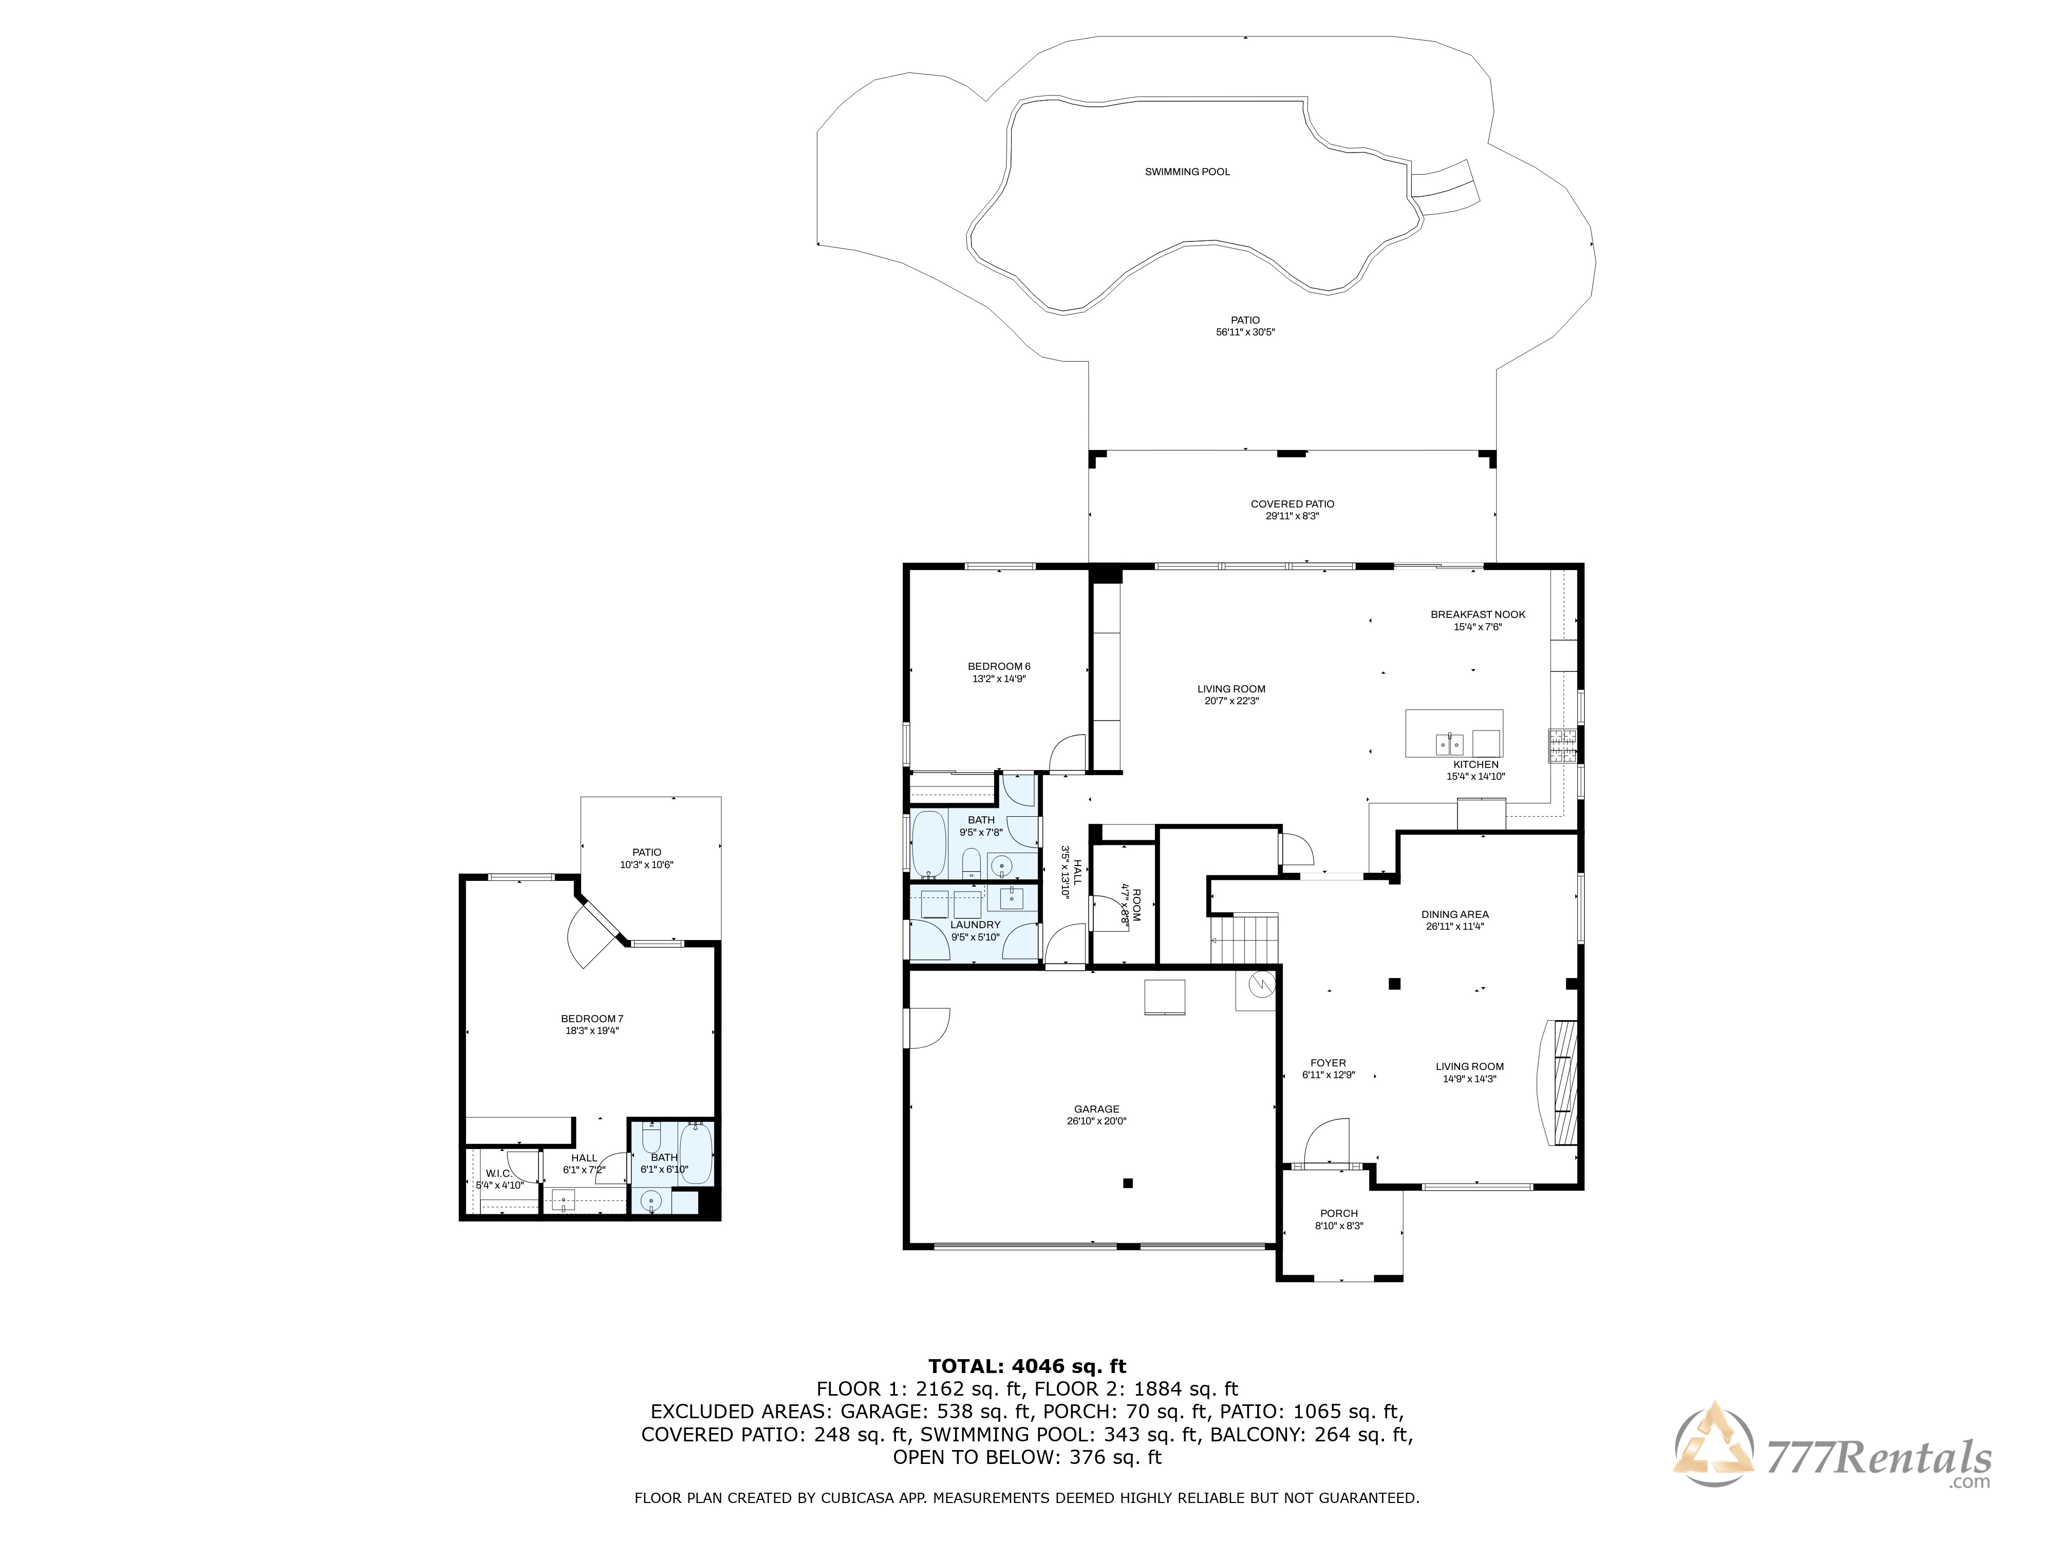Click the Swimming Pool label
[1187, 172]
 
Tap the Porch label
[1339, 1219]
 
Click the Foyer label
[1329, 1069]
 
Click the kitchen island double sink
[1449, 744]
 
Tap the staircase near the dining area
[1245, 938]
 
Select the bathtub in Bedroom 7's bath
[696, 1154]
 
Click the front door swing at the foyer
[1327, 1142]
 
